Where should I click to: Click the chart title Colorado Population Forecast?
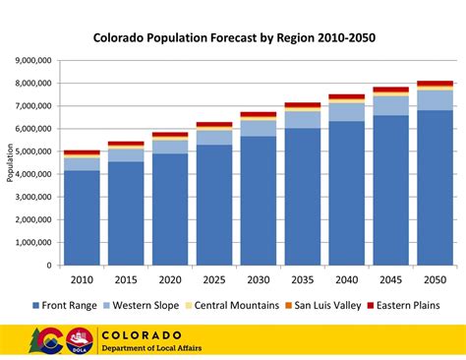point(234,40)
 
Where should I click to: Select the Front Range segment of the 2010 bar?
point(82,217)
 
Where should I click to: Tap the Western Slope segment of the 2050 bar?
point(434,99)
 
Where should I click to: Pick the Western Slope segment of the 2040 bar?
point(346,111)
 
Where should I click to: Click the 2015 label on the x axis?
point(126,278)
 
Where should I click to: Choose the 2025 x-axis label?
point(213,278)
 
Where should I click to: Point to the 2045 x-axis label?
point(389,278)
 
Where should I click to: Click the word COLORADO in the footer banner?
point(142,334)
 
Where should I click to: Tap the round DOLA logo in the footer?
point(80,340)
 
